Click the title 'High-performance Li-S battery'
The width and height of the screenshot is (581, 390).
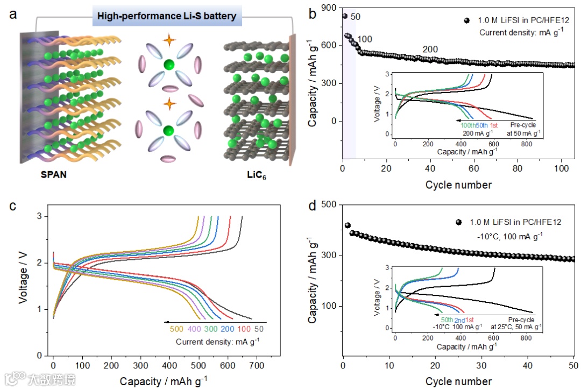click(x=166, y=16)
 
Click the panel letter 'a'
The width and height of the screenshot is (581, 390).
click(x=13, y=15)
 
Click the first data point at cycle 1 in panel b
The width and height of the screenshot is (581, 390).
click(x=345, y=16)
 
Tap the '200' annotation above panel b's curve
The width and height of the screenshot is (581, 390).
click(x=430, y=49)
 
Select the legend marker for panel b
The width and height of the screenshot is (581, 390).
click(x=467, y=21)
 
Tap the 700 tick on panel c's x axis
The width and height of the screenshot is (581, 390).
click(x=257, y=365)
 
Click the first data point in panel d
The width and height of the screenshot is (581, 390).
click(x=348, y=225)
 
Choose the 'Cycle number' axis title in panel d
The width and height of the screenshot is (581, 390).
click(x=458, y=381)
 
